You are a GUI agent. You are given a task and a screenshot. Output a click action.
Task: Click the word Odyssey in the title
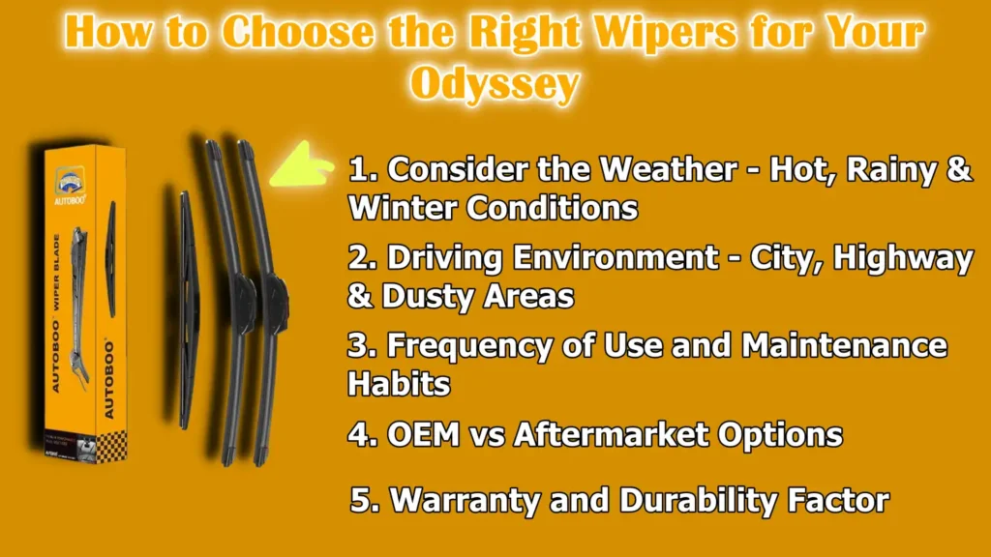495,84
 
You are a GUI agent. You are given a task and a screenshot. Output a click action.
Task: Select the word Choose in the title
300,33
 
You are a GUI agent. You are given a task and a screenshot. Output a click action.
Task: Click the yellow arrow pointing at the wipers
301,163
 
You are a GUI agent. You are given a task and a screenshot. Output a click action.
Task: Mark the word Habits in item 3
399,383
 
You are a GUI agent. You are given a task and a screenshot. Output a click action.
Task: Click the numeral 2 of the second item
357,259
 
